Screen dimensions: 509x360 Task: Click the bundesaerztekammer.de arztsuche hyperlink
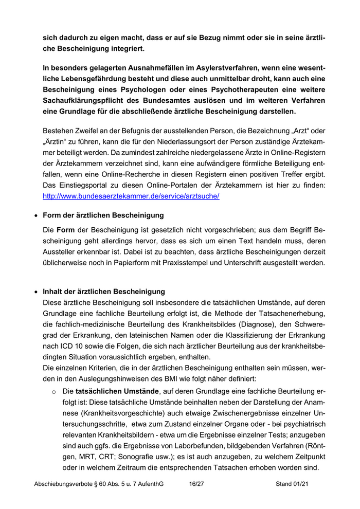(x=131, y=196)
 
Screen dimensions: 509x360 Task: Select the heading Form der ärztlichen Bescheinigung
(x=103, y=215)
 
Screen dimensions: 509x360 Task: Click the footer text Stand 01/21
(x=292, y=484)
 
